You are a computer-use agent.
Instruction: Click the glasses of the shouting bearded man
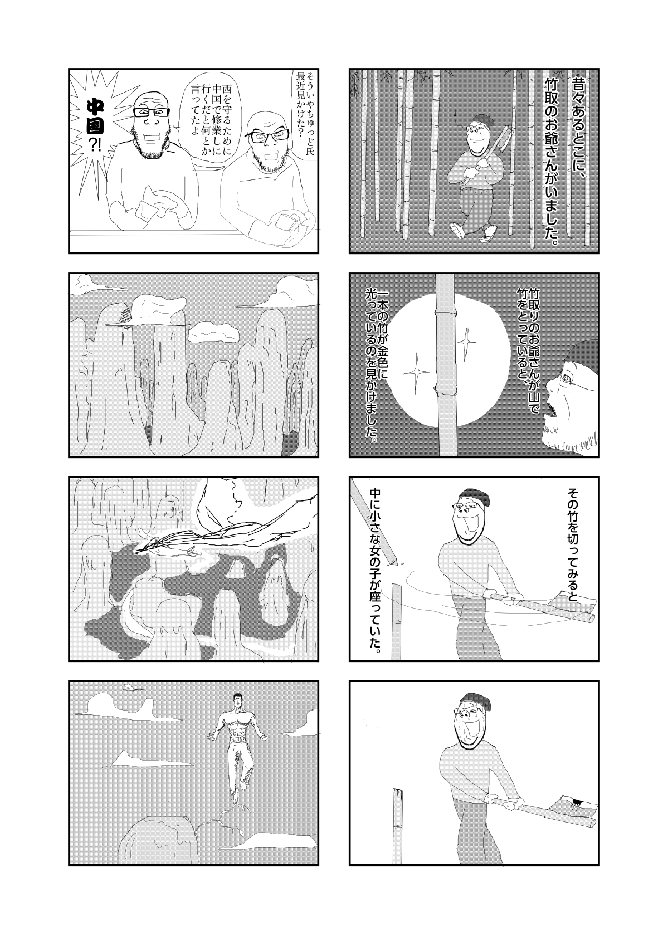[x=151, y=112]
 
